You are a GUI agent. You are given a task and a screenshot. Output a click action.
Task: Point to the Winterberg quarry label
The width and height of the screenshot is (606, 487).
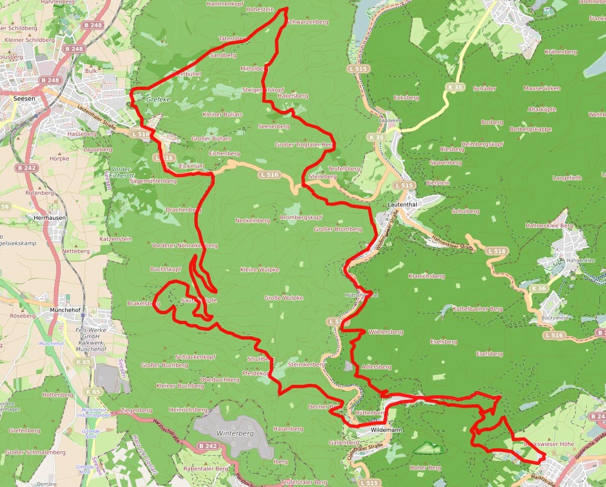coord(235,433)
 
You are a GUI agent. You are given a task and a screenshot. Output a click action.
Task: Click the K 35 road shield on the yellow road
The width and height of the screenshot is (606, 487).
coord(455,87)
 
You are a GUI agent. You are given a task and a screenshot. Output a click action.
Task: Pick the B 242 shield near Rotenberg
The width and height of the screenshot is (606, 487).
coord(26,168)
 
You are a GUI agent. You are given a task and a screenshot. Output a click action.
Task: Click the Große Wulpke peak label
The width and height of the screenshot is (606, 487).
coord(284,298)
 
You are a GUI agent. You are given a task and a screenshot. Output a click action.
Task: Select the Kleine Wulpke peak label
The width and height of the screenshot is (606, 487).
coord(259,269)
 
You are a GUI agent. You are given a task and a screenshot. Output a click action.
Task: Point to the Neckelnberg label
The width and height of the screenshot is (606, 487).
coord(253,220)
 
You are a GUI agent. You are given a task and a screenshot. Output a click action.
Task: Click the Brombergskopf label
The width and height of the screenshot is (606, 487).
coord(301,218)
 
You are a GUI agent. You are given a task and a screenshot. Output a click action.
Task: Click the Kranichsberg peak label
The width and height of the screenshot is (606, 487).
coord(426,276)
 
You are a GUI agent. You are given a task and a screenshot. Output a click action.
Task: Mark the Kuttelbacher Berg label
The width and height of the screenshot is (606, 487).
coord(477,309)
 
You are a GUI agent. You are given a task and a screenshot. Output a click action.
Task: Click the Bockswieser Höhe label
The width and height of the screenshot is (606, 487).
coord(549,444)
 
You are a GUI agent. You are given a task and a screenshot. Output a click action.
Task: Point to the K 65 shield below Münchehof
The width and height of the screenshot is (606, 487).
coord(83,362)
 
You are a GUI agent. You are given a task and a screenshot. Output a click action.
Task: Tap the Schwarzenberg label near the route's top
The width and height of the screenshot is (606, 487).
coord(307,22)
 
